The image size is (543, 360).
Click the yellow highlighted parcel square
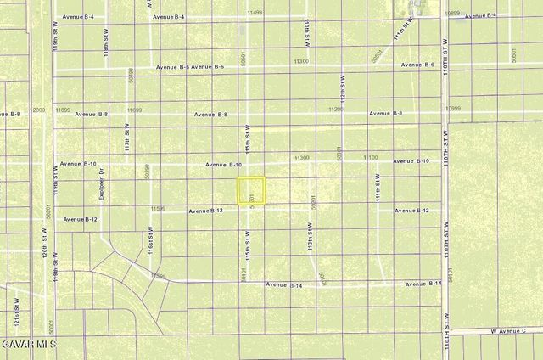pos(250,189)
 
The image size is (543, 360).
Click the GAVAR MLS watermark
pos(28,344)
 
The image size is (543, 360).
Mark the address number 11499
pos(255,14)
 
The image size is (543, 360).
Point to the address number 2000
pos(38,110)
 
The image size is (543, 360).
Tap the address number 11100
pos(371,158)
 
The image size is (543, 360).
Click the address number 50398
pos(131,76)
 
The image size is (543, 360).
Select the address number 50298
pos(148,172)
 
